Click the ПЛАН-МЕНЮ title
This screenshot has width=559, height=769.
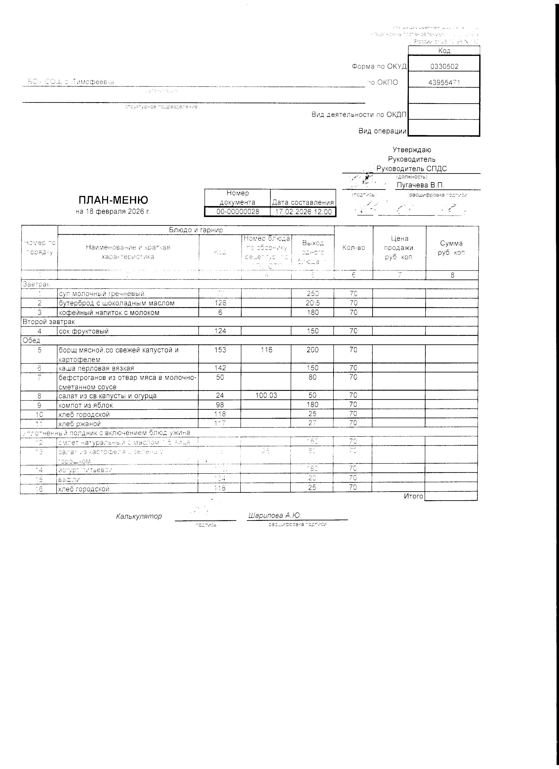click(x=113, y=200)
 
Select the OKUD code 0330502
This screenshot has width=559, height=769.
click(x=444, y=66)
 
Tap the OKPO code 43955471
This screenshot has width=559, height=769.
click(x=444, y=82)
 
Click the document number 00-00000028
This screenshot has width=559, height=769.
click(x=238, y=212)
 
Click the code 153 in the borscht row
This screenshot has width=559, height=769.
click(x=220, y=350)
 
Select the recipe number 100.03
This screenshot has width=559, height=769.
click(x=266, y=395)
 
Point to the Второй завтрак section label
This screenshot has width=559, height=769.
click(x=48, y=321)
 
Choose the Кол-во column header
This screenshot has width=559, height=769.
click(x=354, y=247)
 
